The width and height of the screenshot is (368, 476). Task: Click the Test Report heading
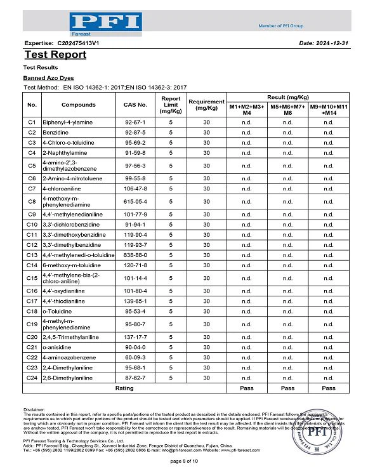[x=55, y=55]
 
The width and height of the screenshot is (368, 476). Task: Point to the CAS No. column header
[x=135, y=104]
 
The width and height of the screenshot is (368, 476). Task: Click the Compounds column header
[x=79, y=104]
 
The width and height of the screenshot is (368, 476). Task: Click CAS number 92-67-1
[x=135, y=121]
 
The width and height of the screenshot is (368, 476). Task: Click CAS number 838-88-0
[x=135, y=255]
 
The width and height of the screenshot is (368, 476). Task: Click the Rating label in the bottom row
[x=124, y=388]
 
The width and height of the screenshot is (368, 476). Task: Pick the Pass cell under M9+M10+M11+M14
[x=329, y=388]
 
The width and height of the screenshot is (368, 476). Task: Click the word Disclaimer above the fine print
[x=34, y=410]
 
